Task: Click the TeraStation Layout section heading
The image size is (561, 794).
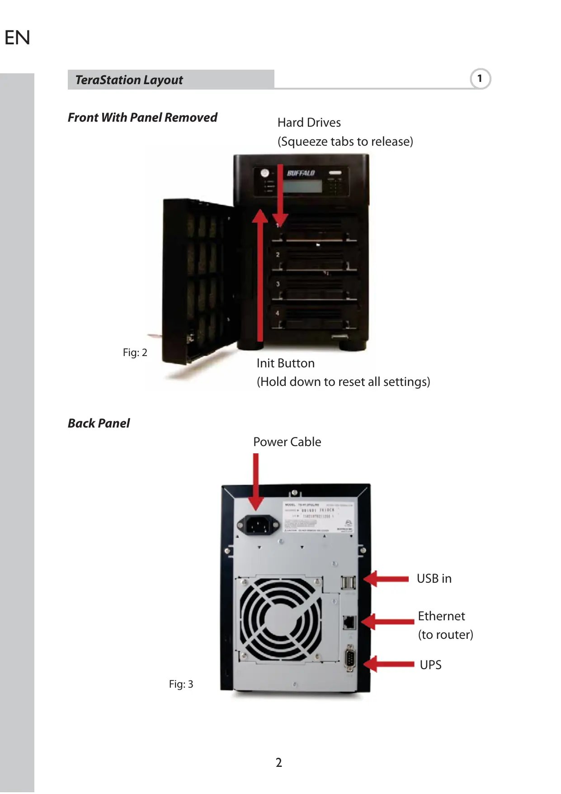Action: click(x=129, y=80)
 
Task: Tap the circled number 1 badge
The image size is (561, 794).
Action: click(x=480, y=79)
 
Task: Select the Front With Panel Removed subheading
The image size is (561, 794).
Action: click(x=142, y=118)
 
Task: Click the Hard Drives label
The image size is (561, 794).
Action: click(x=309, y=123)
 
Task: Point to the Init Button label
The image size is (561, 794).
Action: click(x=285, y=363)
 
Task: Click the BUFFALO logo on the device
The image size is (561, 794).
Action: click(x=301, y=173)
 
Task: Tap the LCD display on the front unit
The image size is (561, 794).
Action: click(x=303, y=186)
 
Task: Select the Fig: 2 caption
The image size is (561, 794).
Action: click(x=135, y=352)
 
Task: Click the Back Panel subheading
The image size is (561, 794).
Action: click(x=99, y=423)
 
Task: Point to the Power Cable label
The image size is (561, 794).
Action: click(x=287, y=442)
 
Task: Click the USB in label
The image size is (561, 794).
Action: click(x=434, y=579)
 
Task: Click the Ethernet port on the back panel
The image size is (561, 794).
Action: click(x=349, y=622)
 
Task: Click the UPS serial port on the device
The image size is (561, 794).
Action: click(x=349, y=659)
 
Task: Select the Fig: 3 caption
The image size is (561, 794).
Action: click(x=181, y=684)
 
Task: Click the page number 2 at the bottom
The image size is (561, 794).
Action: click(x=279, y=763)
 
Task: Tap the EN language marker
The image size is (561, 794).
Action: click(x=17, y=38)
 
